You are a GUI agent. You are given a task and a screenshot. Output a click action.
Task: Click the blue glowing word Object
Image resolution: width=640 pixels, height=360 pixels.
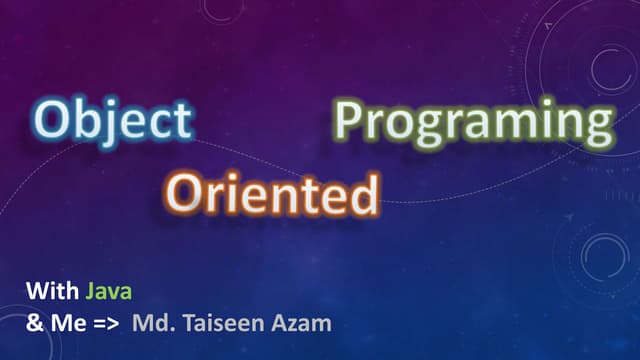pyautogui.click(x=113, y=120)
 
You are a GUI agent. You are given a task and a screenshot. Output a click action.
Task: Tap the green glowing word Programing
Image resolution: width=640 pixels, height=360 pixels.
pyautogui.click(x=472, y=121)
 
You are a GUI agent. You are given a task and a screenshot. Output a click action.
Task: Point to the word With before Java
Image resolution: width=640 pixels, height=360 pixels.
pyautogui.click(x=52, y=293)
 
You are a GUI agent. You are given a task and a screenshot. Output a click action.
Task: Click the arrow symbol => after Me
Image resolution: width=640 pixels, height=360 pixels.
pyautogui.click(x=96, y=324)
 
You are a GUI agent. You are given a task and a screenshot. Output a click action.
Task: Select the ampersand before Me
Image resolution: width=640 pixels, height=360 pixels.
pyautogui.click(x=33, y=324)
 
